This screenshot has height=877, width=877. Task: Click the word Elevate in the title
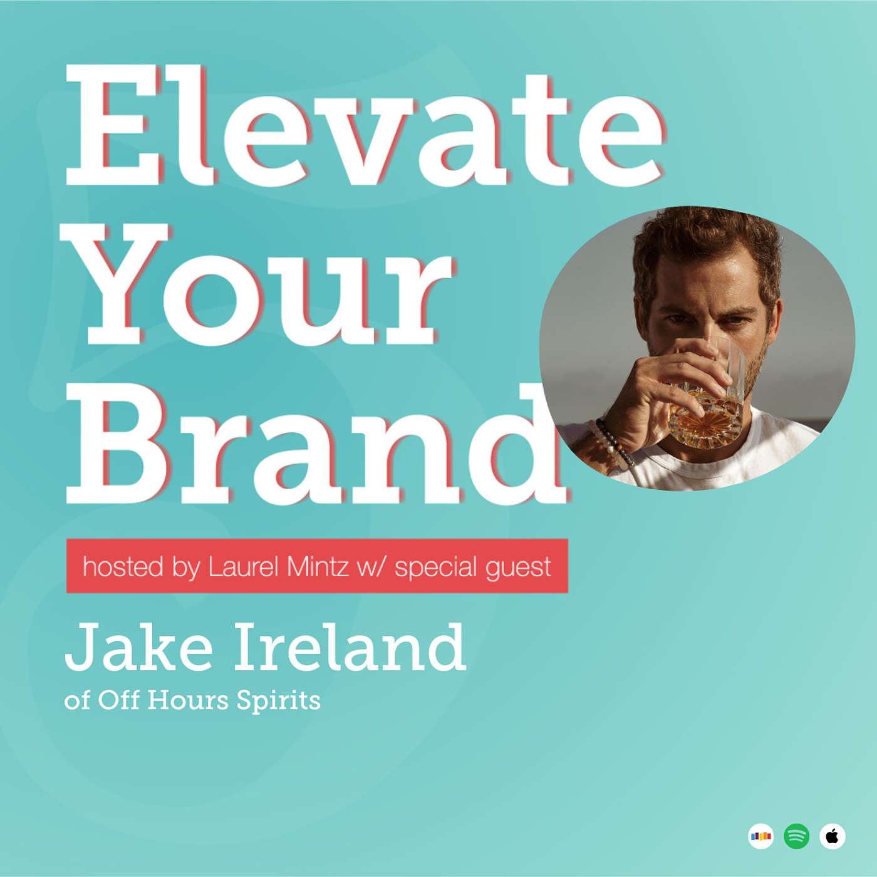363,125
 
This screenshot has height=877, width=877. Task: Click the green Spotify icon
797,836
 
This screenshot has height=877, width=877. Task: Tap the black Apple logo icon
833,836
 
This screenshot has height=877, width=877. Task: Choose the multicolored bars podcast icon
761,836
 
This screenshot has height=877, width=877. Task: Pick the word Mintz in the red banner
318,567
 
